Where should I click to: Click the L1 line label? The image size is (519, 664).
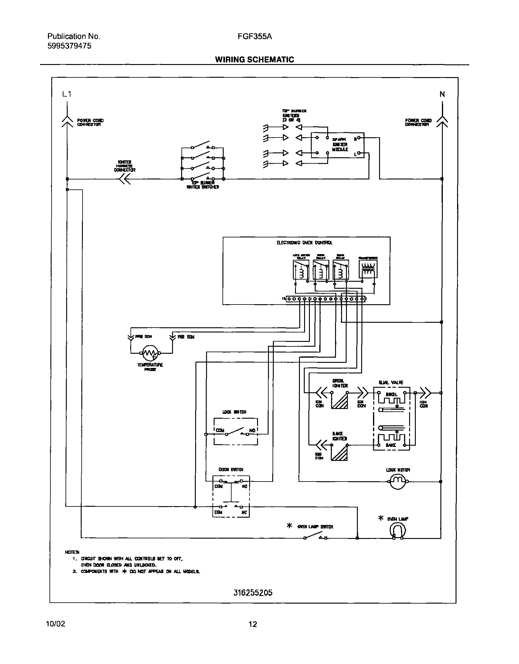point(66,94)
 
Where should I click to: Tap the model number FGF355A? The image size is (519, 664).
point(255,36)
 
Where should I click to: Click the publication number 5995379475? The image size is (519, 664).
point(69,46)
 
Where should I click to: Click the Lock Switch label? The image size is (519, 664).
point(234,412)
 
